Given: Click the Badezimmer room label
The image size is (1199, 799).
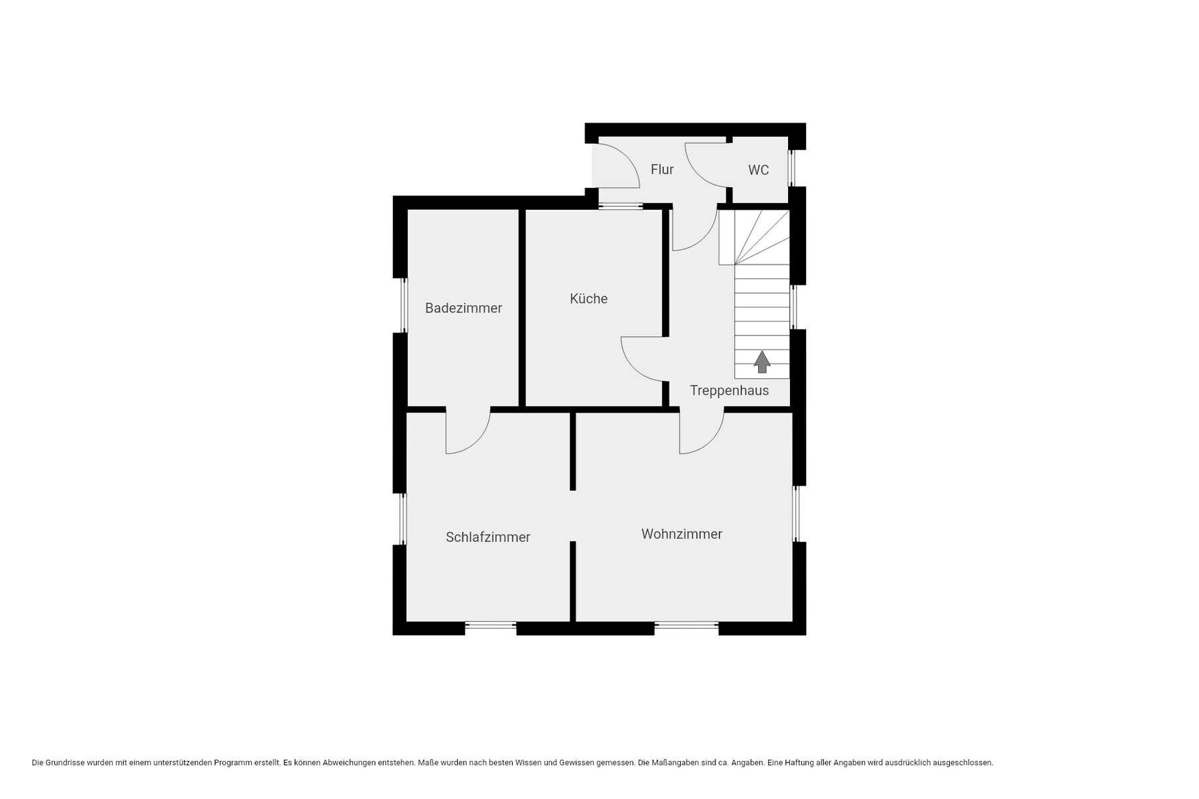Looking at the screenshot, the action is (464, 308).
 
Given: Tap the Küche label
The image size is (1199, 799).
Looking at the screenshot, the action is (589, 298).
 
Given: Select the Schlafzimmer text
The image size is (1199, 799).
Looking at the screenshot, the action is (488, 537).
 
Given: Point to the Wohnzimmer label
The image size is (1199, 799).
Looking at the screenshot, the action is (681, 534).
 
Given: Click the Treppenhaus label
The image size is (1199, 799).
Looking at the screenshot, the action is (729, 391).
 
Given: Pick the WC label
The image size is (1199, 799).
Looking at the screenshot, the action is (759, 170).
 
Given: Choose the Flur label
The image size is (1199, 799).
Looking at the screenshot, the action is (662, 170).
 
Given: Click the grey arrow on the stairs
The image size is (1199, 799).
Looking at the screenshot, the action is (762, 362).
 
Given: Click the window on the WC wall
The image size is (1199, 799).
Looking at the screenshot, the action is (792, 168).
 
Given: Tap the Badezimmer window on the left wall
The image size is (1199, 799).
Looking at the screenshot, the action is (404, 304).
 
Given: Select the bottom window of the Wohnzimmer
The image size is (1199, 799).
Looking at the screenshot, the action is (686, 625).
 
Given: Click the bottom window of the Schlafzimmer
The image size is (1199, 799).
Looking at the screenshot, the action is (490, 625).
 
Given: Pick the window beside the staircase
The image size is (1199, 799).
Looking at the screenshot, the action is (793, 307).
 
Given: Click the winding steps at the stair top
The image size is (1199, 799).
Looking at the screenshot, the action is (754, 237).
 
